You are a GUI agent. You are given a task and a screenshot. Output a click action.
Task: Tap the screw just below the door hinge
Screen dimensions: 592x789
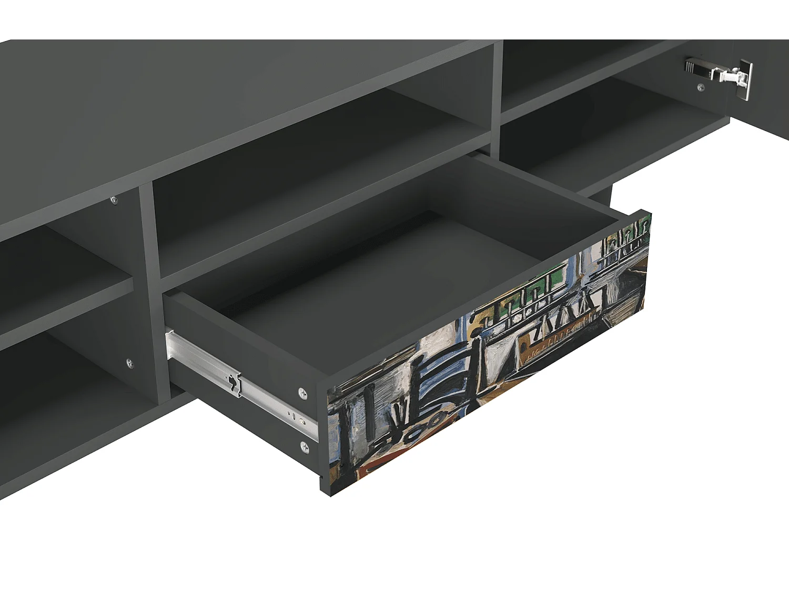(x=701, y=87)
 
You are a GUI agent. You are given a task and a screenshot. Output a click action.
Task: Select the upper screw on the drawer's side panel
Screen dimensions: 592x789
(x=303, y=393)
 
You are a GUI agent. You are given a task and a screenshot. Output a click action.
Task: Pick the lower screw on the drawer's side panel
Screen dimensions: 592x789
(x=305, y=447)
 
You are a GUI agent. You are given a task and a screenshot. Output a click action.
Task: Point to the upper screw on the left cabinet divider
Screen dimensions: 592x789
(x=114, y=200)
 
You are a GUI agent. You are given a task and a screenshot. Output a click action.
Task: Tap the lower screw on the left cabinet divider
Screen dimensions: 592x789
(x=129, y=363)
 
